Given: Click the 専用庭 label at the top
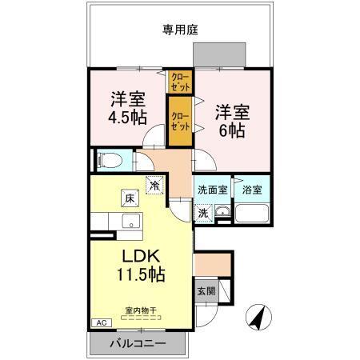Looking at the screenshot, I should pyautogui.click(x=180, y=30).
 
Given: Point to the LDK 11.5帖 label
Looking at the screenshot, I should pyautogui.click(x=142, y=265).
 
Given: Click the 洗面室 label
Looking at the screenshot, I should pyautogui.click(x=212, y=191).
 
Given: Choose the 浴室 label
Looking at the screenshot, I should pyautogui.click(x=252, y=191).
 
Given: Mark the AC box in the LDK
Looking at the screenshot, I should pyautogui.click(x=102, y=322).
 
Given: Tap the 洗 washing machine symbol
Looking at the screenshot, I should pyautogui.click(x=203, y=214).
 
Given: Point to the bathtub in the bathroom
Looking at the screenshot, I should pyautogui.click(x=253, y=214).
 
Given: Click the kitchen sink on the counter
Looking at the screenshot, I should pyautogui.click(x=128, y=222).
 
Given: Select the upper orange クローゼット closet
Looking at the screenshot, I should pyautogui.click(x=179, y=81).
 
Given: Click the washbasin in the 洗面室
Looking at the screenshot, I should pyautogui.click(x=223, y=214).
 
